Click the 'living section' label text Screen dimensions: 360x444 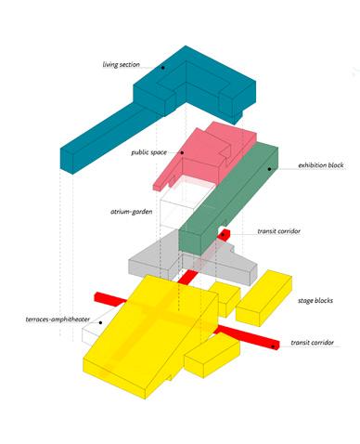tap(121, 65)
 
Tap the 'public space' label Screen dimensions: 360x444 tap(148, 152)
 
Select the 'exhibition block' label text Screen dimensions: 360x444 tap(321, 165)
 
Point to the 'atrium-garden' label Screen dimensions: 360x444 tap(132, 212)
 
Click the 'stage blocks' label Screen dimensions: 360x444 tap(315, 300)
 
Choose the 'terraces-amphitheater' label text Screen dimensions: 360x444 tap(58, 320)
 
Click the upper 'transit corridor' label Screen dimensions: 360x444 tap(279, 231)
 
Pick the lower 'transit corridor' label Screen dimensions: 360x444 tap(313, 343)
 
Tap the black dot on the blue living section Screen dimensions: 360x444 tap(162, 67)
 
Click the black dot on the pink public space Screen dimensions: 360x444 tap(182, 152)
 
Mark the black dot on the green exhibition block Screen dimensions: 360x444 tap(270, 169)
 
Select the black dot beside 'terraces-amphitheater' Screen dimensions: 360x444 tap(100, 322)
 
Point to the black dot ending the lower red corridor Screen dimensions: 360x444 tap(273, 346)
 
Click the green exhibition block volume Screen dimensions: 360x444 tap(229, 198)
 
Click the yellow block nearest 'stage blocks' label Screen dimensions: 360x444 tap(264, 297)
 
